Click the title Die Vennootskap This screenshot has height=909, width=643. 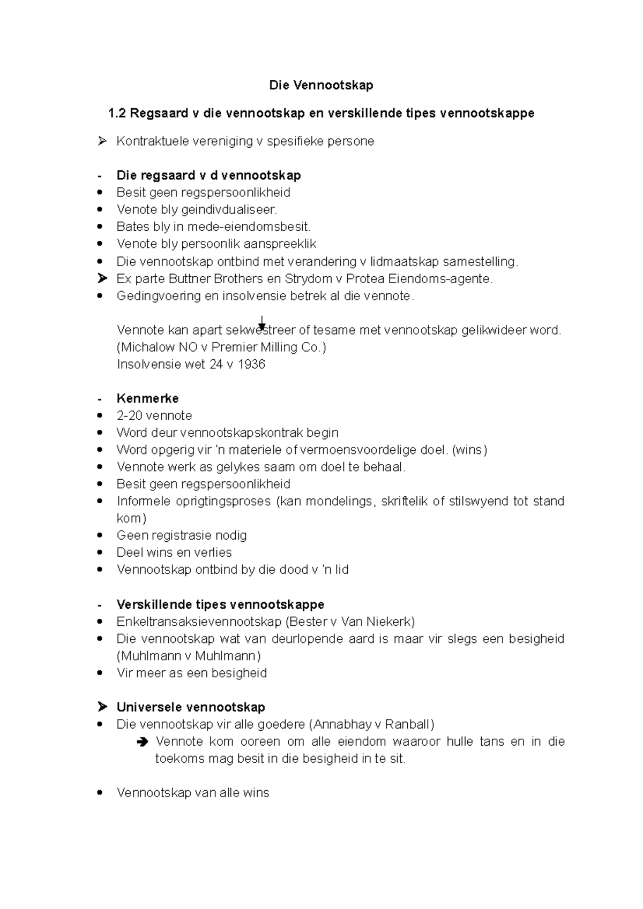tap(321, 85)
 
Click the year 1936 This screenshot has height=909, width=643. tap(251, 365)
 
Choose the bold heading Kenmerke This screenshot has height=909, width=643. tap(147, 399)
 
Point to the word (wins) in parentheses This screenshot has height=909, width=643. tap(469, 450)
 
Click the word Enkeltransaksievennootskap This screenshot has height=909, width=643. tap(199, 622)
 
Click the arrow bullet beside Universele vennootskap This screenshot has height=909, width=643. tap(103, 708)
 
